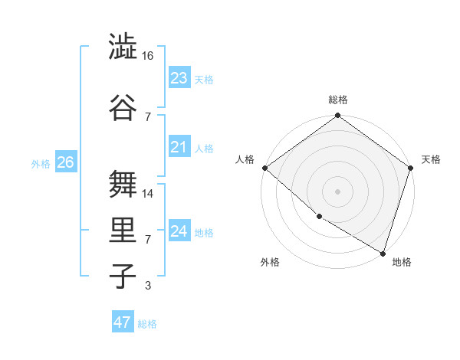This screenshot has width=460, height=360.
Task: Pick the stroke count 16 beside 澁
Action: [148, 56]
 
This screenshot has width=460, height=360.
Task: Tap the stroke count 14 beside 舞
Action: [148, 193]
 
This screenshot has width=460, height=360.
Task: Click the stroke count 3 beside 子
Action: [147, 286]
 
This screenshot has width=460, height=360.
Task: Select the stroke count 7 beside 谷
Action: [147, 116]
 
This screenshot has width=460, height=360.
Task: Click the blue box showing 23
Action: [179, 77]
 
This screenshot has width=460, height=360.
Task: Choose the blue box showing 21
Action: [179, 147]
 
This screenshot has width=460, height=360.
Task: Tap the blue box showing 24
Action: [179, 231]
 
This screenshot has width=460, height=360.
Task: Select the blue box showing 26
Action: [65, 162]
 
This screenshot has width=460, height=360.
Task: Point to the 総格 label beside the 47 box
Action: [147, 324]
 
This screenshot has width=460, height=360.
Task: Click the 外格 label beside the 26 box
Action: [41, 163]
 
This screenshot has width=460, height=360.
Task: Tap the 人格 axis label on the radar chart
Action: [245, 159]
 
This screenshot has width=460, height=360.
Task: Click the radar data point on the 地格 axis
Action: [383, 252]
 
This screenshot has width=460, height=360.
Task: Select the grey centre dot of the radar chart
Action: [337, 191]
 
